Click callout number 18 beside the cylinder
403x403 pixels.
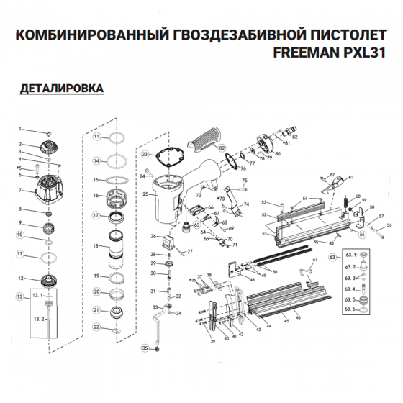(96, 246)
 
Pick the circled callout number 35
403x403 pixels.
(145, 348)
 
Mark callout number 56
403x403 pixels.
(389, 225)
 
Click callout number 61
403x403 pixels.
(350, 177)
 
